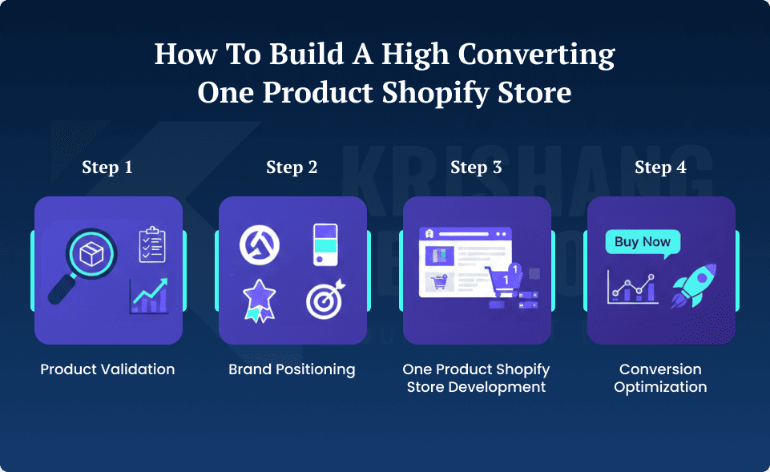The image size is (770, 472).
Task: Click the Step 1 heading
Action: (x=107, y=167)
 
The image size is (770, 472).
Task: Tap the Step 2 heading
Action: (x=292, y=167)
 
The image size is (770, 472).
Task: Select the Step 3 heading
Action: (x=476, y=167)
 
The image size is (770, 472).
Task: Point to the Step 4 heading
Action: (x=660, y=167)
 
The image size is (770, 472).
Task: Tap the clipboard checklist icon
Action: (x=151, y=244)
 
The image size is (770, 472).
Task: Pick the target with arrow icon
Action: (x=326, y=301)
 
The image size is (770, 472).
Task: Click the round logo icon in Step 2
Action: (x=259, y=244)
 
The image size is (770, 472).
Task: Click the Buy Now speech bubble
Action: (x=643, y=243)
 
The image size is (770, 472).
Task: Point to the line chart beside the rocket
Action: (x=632, y=287)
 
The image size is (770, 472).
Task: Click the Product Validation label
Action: (x=107, y=369)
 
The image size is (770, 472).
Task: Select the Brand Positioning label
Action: (x=292, y=369)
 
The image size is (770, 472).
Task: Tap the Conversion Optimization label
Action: (x=660, y=378)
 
